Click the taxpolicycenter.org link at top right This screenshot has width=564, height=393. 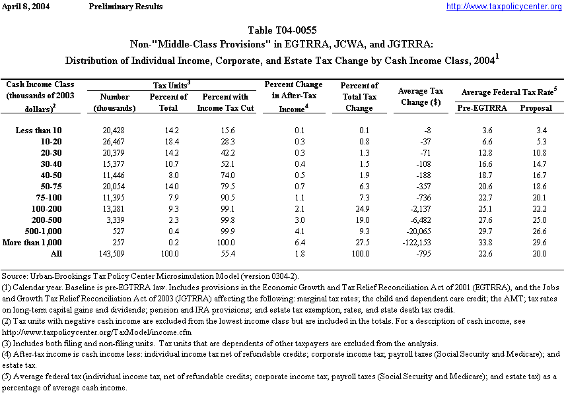coord(504,7)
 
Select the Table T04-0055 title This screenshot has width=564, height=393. coord(282,30)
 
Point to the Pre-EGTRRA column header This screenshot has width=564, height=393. coord(479,107)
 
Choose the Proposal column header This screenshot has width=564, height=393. coord(536,107)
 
